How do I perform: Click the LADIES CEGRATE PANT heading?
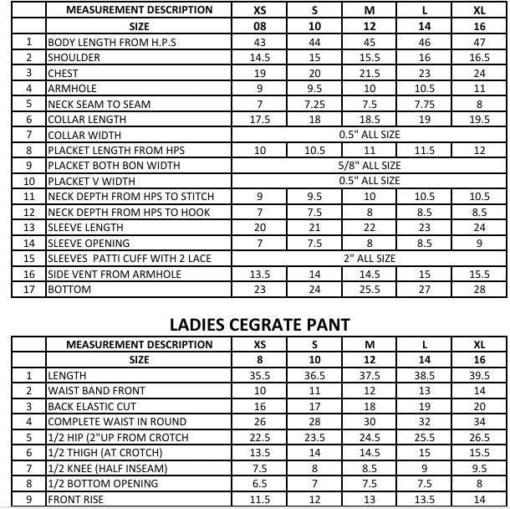click(259, 323)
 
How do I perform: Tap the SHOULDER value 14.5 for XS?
click(260, 58)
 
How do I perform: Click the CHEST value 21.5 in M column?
click(370, 73)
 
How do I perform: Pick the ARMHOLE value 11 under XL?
click(479, 88)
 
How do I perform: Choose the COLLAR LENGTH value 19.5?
click(479, 119)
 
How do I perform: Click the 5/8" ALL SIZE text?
click(370, 166)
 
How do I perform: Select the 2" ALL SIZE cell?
click(370, 258)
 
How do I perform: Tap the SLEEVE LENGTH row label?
click(85, 227)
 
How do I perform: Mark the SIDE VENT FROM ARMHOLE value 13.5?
click(260, 274)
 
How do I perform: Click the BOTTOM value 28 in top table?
click(479, 290)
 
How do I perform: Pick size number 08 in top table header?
click(260, 26)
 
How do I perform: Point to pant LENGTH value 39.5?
click(479, 376)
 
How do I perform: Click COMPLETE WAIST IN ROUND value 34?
click(479, 422)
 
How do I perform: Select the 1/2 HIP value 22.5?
click(260, 437)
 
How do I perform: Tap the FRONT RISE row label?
click(76, 499)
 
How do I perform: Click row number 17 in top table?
click(29, 290)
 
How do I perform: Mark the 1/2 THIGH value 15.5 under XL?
click(479, 453)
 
